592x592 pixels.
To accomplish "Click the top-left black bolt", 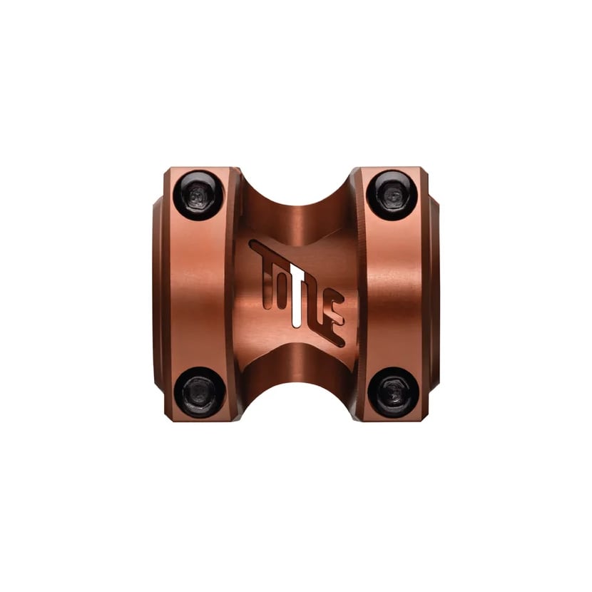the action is [198, 196].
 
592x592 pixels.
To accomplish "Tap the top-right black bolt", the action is [392, 195].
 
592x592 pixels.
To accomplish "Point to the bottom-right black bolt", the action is [393, 392].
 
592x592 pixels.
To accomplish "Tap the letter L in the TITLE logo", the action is [317, 306].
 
